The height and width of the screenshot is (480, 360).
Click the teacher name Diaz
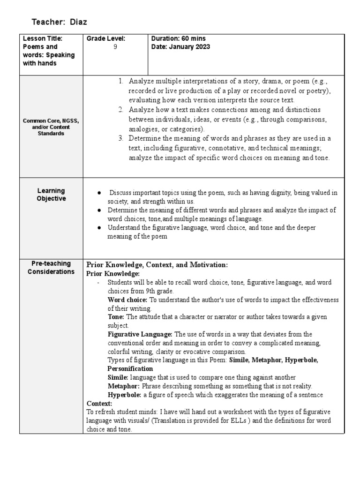[79, 22]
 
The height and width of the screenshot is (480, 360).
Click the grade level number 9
[115, 47]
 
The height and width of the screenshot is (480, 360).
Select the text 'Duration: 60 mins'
[179, 38]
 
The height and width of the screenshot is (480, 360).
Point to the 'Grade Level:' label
[106, 38]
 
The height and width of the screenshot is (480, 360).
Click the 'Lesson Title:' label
[43, 38]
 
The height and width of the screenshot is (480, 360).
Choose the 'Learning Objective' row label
[51, 195]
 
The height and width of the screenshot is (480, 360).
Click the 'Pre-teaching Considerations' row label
[51, 268]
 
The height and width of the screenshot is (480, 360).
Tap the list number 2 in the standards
[120, 110]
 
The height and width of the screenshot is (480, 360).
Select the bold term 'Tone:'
[116, 317]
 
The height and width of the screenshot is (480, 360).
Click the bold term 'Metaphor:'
[124, 386]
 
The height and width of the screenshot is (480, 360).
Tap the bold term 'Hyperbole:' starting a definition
[125, 395]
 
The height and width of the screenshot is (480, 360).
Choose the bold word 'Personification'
[130, 368]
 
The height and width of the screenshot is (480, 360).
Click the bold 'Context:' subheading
[99, 403]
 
